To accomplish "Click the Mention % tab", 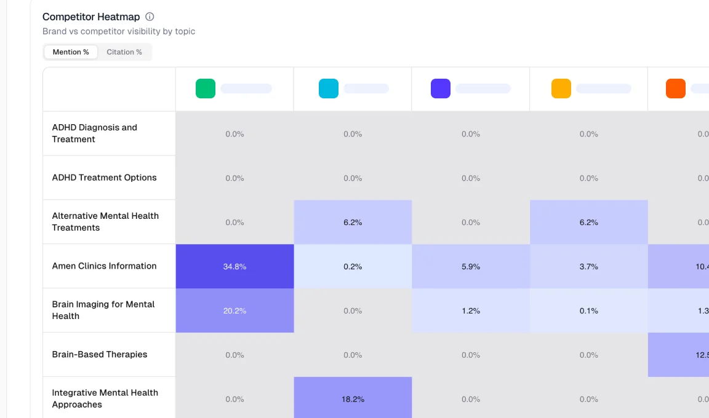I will tap(71, 52).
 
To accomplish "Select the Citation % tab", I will tap(124, 52).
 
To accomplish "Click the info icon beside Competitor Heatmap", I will tap(150, 17).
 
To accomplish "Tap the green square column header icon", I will tap(206, 89).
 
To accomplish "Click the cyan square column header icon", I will tap(329, 89).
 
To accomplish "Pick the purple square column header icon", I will tap(441, 89).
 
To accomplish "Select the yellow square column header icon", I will tap(561, 89).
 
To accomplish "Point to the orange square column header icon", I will tap(676, 89).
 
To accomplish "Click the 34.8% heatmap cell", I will tap(234, 266).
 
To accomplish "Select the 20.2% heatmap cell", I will tap(234, 310).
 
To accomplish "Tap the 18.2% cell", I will tap(353, 398).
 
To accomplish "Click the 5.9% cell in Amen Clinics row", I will tap(471, 266).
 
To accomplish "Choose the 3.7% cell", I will tap(589, 266).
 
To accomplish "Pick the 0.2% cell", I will tap(353, 266).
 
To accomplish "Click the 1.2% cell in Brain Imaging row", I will tap(471, 310).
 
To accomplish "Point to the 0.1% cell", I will tap(589, 310).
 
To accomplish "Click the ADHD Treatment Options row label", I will tap(105, 178).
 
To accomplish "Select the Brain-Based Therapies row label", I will tap(100, 355).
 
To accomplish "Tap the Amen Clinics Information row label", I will tap(105, 266).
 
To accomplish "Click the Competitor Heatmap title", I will tap(91, 17).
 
